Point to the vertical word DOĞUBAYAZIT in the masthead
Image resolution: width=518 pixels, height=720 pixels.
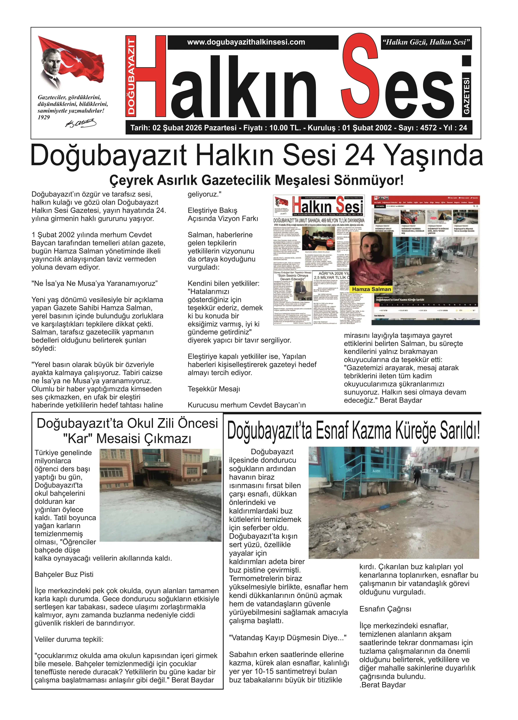pos(131,76)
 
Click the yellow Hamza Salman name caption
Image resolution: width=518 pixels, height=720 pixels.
pos(371,289)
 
